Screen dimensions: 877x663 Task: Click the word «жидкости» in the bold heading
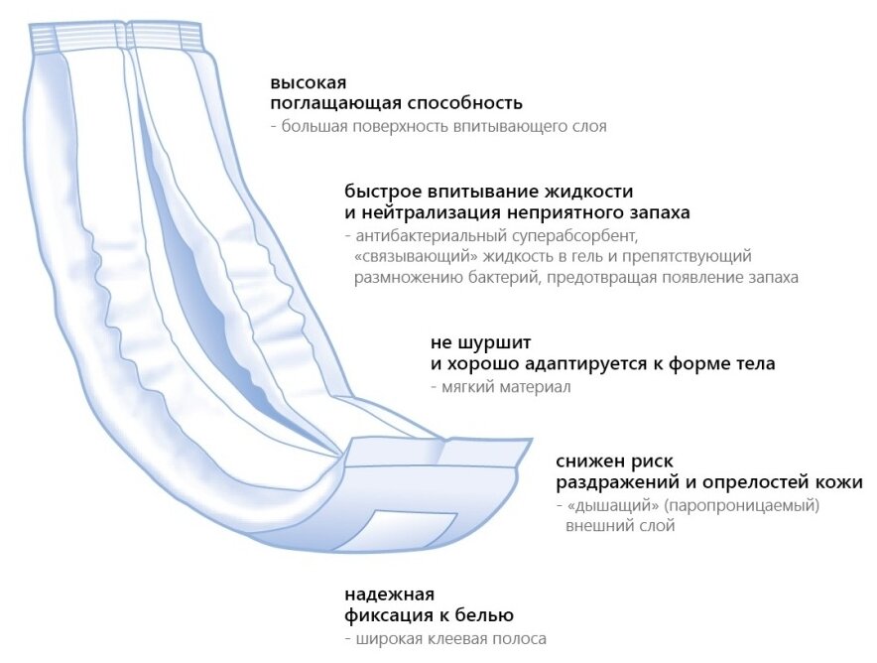pos(586,191)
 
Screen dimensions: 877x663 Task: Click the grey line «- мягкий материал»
pos(500,387)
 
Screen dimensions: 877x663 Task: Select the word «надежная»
pos(390,595)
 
